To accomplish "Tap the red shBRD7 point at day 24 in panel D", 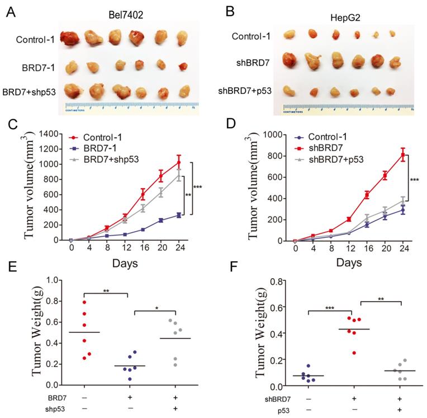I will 402,155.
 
